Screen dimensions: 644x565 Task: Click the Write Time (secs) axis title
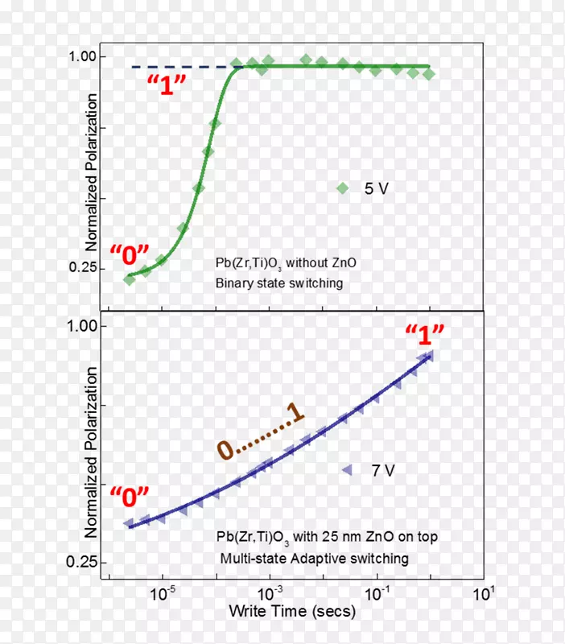coord(291,612)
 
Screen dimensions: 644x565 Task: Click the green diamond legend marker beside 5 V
coord(342,188)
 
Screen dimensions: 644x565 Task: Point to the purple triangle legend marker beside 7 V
coord(346,470)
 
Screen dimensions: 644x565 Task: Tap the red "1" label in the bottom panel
coord(423,335)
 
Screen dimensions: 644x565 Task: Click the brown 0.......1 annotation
coord(261,435)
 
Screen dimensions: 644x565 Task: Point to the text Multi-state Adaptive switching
coord(314,558)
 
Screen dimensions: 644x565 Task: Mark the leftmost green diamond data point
coord(130,279)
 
